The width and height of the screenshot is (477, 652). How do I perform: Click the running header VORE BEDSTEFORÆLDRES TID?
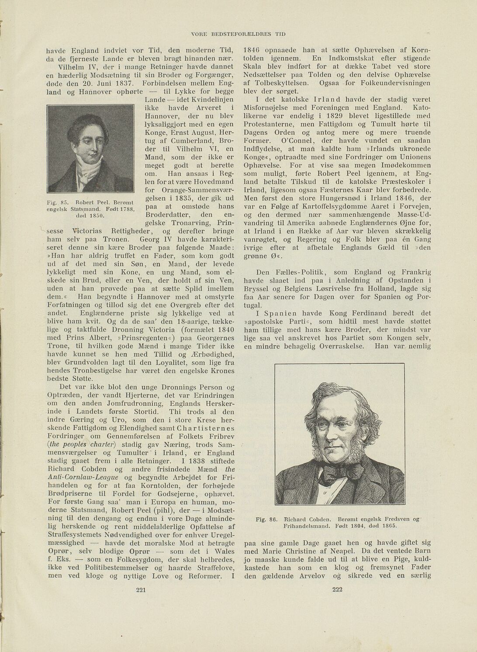coord(238,34)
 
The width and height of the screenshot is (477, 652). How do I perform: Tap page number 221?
coord(140,590)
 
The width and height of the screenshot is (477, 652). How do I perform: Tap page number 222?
coord(338,590)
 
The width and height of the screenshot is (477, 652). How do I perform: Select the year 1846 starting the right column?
coord(252,50)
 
